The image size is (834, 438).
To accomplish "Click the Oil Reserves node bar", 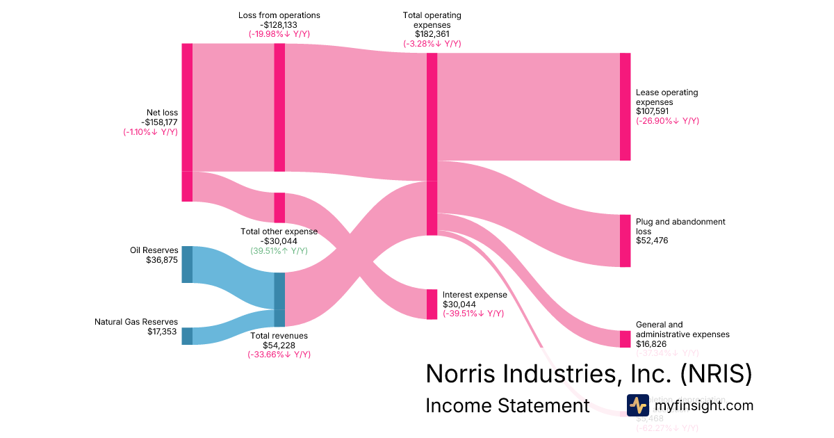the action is click(x=187, y=264).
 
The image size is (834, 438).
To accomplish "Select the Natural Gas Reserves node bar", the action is click(x=187, y=336).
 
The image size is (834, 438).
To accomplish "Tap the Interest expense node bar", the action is click(x=432, y=304).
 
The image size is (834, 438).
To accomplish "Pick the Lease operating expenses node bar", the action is click(x=625, y=106).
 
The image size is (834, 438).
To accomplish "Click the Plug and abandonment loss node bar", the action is click(x=625, y=241).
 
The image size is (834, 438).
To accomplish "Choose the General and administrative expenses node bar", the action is click(x=625, y=339).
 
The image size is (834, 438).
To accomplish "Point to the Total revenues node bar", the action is click(x=279, y=300).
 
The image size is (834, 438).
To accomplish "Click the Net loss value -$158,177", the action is click(x=159, y=122).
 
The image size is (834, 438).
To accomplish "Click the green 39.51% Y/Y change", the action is click(x=279, y=251).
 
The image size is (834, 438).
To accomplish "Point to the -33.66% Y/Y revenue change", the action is click(x=279, y=355).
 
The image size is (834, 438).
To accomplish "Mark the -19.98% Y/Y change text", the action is click(x=279, y=34).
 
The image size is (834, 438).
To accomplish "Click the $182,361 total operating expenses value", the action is click(x=432, y=34).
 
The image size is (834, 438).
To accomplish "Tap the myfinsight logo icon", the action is click(x=637, y=405).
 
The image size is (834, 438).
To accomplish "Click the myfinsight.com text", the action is click(x=704, y=405).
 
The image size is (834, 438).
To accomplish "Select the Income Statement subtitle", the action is click(x=507, y=405).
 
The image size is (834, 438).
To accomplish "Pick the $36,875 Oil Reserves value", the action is click(x=162, y=260).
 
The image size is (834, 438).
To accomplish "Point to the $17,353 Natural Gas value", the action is click(x=162, y=332).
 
